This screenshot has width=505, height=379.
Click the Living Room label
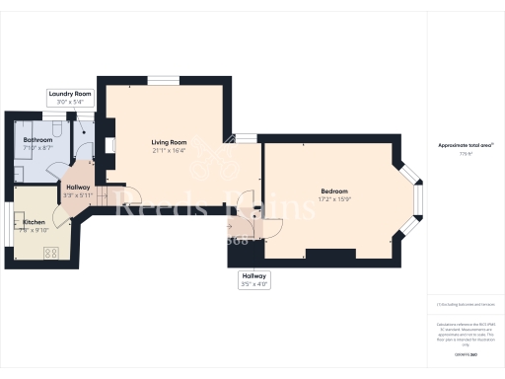pyautogui.click(x=164, y=142)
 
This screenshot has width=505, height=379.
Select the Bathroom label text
pyautogui.click(x=38, y=141)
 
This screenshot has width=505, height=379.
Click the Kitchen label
pyautogui.click(x=34, y=223)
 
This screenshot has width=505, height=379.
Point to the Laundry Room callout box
pyautogui.click(x=69, y=98)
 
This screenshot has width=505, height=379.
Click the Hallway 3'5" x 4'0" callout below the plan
pyautogui.click(x=254, y=279)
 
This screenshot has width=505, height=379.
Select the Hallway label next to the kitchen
pyautogui.click(x=78, y=187)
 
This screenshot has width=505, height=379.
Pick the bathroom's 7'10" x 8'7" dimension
pyautogui.click(x=38, y=150)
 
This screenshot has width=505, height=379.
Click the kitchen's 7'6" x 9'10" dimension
pyautogui.click(x=34, y=232)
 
